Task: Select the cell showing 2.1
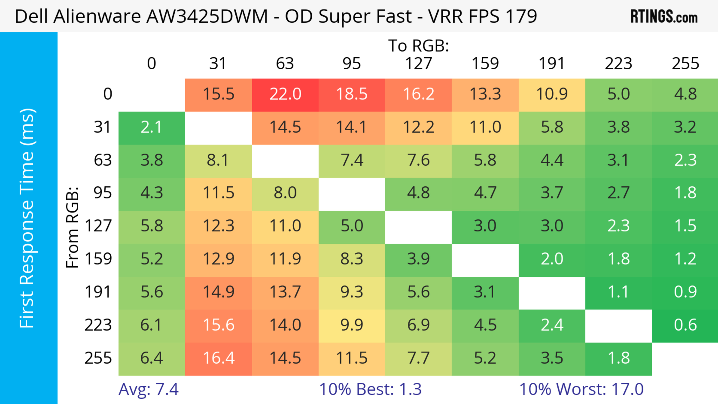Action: coord(152,127)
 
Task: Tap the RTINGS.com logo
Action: coord(664,17)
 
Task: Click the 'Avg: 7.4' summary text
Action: coord(148,389)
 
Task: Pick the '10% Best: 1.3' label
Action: coord(370,389)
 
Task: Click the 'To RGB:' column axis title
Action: coord(418,46)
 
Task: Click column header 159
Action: coord(485,64)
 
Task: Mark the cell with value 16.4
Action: coord(219,358)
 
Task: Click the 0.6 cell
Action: coord(685,325)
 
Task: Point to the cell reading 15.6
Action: coord(219,325)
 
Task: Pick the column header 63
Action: coord(285,64)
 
